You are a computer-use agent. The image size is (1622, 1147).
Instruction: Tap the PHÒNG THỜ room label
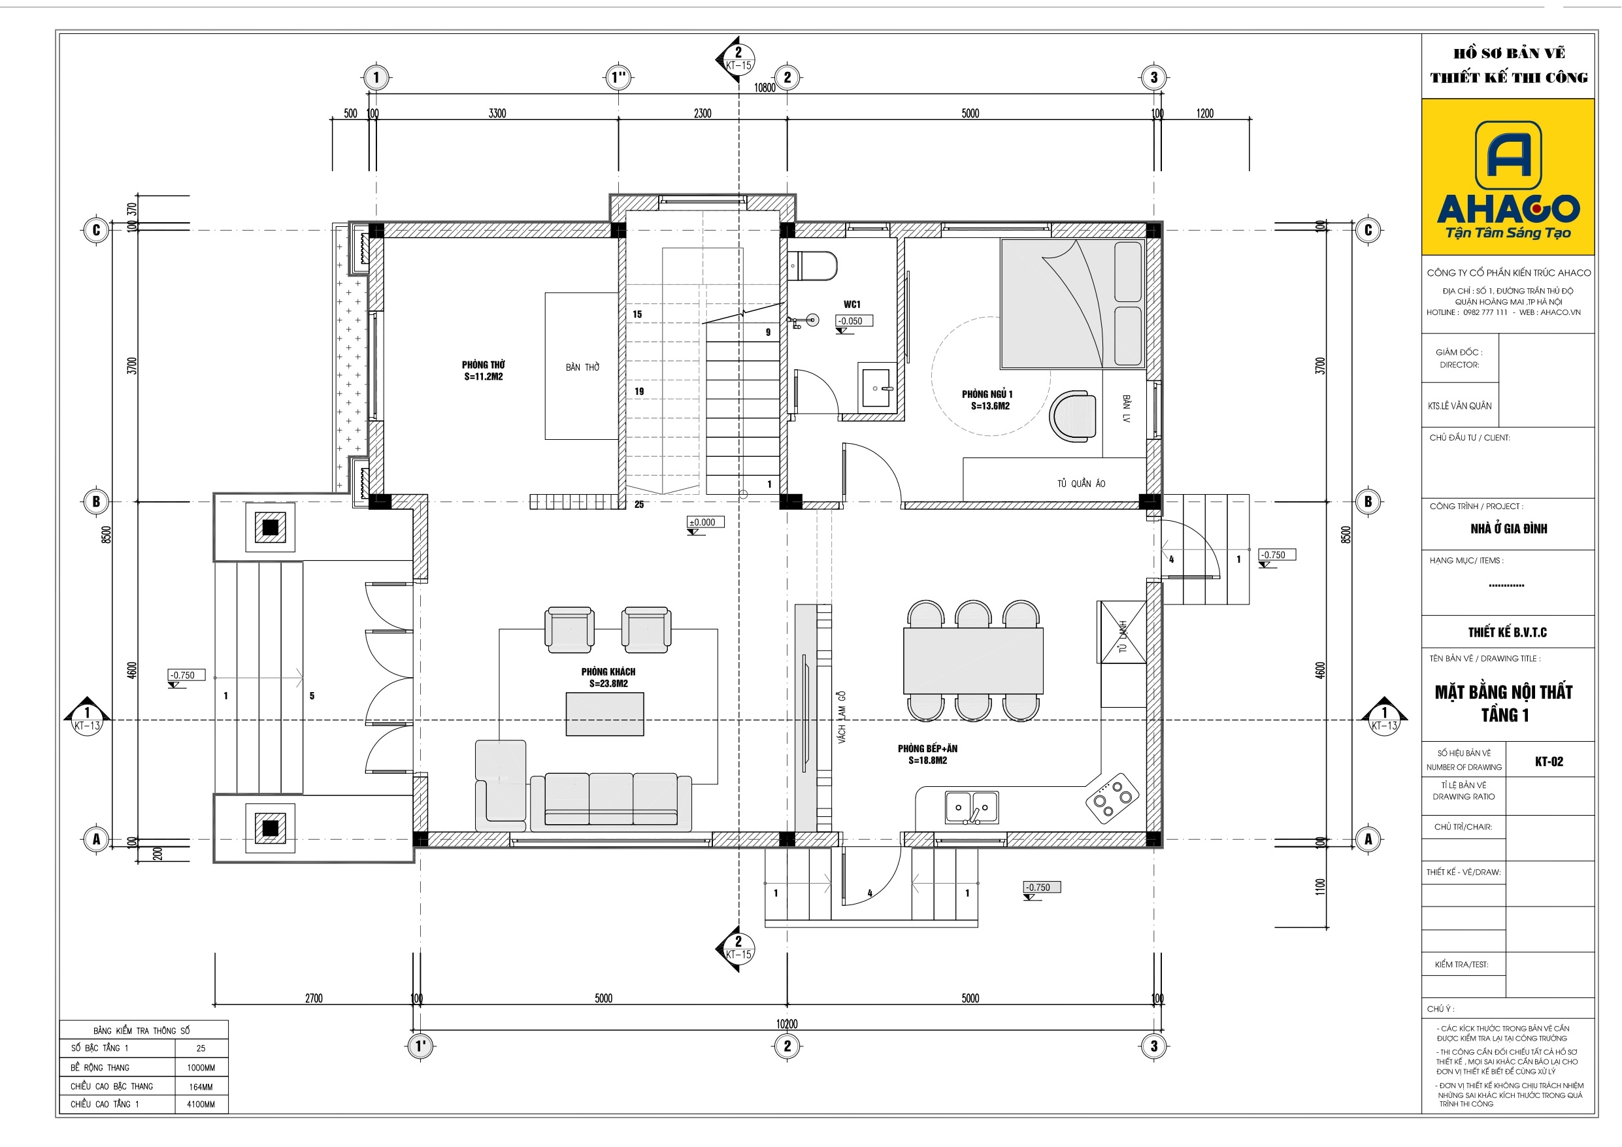click(x=483, y=371)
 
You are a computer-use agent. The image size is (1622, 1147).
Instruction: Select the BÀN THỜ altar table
click(x=582, y=366)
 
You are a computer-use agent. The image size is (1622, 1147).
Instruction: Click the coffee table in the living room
click(x=604, y=714)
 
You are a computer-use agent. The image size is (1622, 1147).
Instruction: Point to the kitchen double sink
click(x=972, y=808)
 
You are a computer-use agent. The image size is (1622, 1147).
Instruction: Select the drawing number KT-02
click(x=1549, y=761)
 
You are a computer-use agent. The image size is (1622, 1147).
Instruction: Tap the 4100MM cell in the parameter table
click(x=201, y=1104)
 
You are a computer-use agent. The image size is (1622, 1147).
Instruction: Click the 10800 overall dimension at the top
click(x=765, y=88)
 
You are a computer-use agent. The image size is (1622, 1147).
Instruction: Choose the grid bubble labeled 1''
click(x=619, y=77)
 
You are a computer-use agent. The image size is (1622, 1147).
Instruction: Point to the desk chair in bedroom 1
click(x=1072, y=416)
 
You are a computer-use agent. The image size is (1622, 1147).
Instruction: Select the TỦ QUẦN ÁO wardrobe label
click(x=1081, y=484)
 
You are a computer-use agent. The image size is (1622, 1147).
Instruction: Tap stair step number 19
click(x=638, y=391)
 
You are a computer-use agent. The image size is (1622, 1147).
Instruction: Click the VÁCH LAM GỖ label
click(x=841, y=716)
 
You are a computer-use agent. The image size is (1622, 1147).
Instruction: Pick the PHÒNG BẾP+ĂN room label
click(x=927, y=754)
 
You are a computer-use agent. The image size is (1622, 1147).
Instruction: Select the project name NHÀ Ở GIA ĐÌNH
click(x=1508, y=529)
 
